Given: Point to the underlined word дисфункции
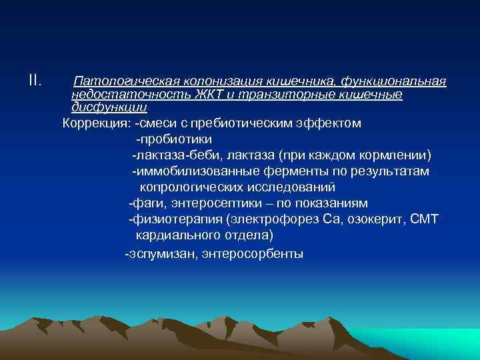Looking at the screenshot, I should pyautogui.click(x=109, y=107).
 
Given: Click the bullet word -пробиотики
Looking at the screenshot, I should pyautogui.click(x=173, y=139).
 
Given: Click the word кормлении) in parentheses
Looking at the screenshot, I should pyautogui.click(x=399, y=155).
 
